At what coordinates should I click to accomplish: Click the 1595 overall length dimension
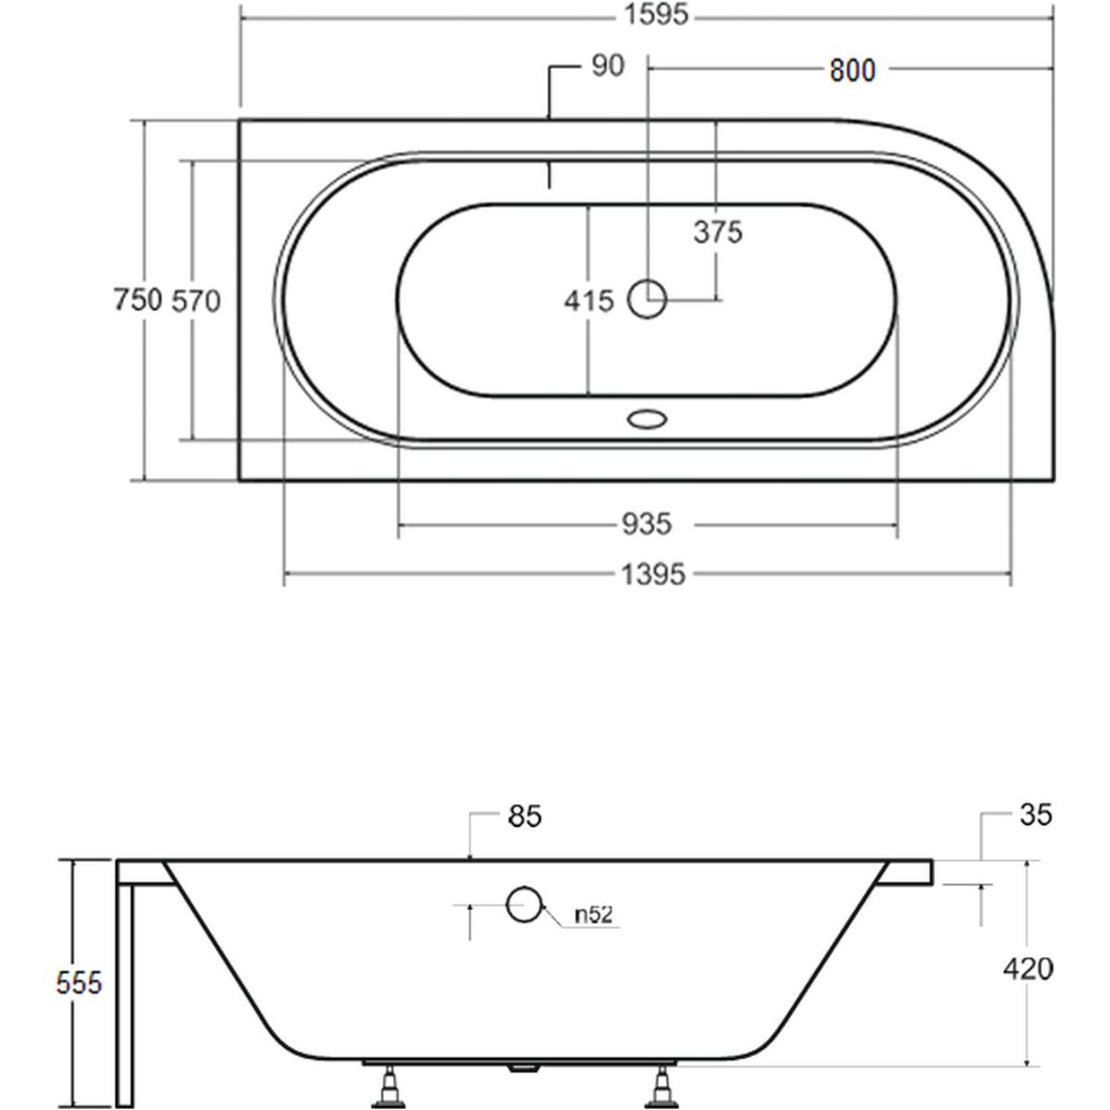(x=656, y=15)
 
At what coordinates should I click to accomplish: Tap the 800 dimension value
(x=852, y=71)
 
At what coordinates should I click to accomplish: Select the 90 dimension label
(x=608, y=67)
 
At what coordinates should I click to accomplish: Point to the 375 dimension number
(x=718, y=233)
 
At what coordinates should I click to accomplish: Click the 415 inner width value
(x=588, y=301)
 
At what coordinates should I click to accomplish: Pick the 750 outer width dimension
(x=138, y=300)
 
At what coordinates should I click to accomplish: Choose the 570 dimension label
(x=196, y=302)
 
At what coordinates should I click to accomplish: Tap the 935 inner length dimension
(x=647, y=524)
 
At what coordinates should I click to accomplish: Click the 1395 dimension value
(x=653, y=574)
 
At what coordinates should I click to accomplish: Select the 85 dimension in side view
(x=524, y=816)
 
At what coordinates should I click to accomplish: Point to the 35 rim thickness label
(x=1036, y=815)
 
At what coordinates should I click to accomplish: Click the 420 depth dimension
(x=1029, y=968)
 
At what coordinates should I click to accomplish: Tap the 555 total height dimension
(x=79, y=982)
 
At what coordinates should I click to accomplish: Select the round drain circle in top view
(x=647, y=299)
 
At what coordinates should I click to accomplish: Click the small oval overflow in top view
(x=647, y=420)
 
